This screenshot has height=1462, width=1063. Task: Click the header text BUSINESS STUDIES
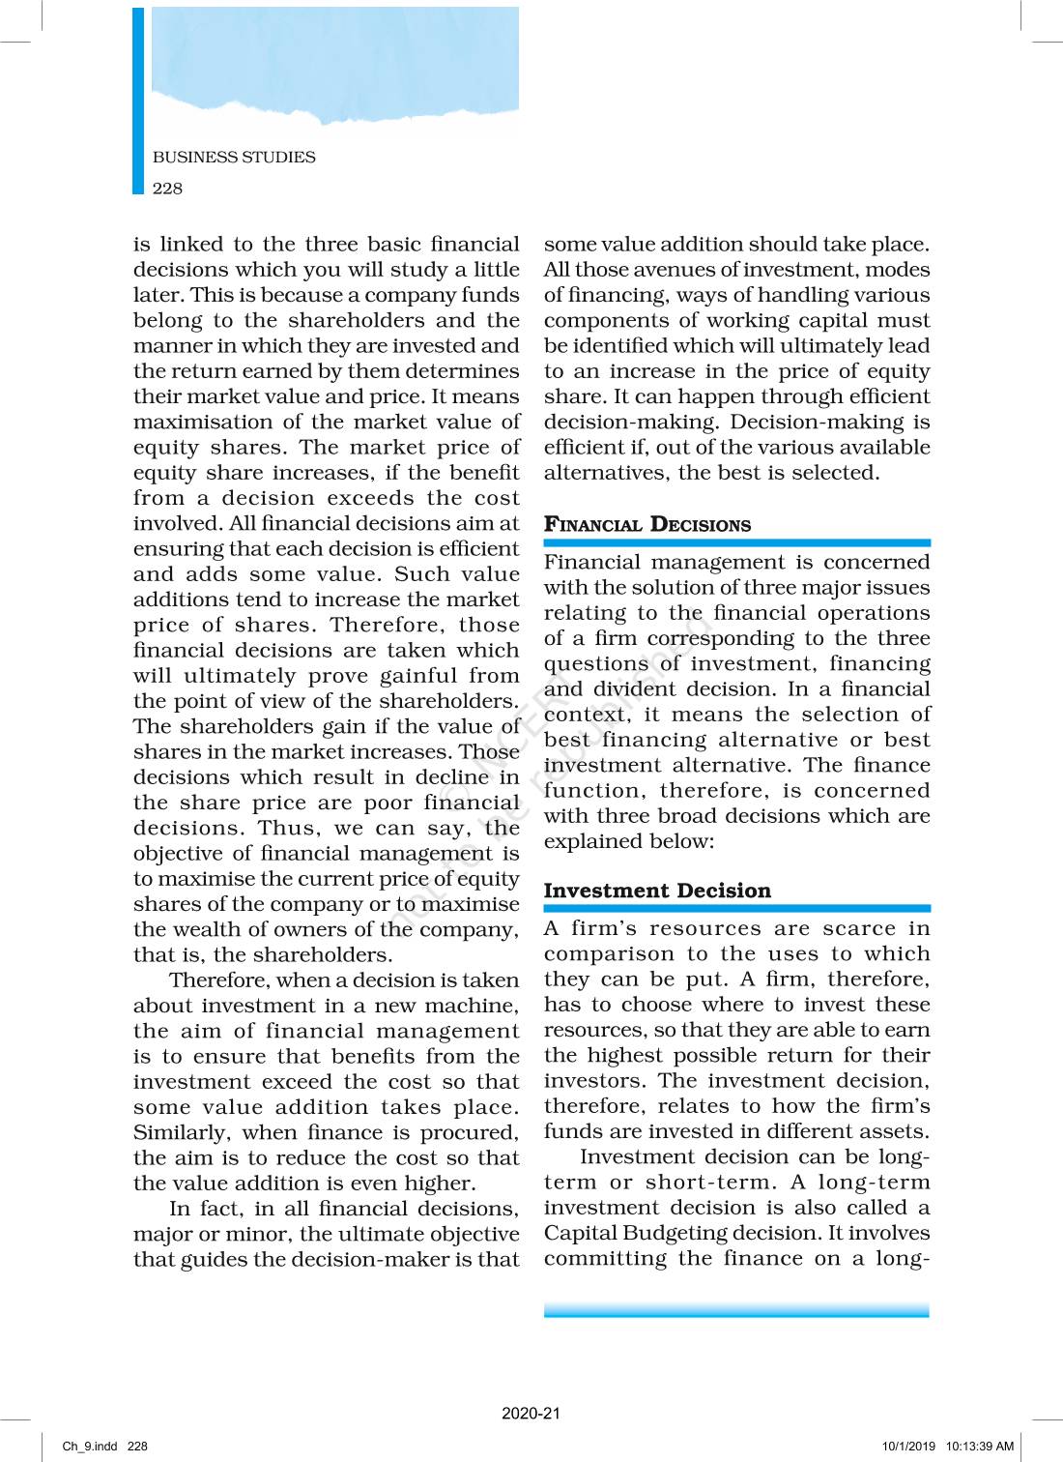(234, 157)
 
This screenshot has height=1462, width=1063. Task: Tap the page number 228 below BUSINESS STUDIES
(167, 189)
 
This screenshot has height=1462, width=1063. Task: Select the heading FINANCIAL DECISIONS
(646, 525)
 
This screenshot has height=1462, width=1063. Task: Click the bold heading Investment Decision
(657, 891)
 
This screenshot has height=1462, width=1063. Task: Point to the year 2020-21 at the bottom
(531, 1413)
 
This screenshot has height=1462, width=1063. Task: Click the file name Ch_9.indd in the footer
(90, 1447)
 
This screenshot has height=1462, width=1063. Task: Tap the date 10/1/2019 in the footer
(908, 1447)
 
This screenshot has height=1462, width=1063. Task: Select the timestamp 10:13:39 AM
(980, 1447)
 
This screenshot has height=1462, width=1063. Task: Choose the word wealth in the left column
(207, 929)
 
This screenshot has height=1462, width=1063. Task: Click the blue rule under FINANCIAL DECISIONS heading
(736, 543)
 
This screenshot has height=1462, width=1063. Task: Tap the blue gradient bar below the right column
(736, 1310)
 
